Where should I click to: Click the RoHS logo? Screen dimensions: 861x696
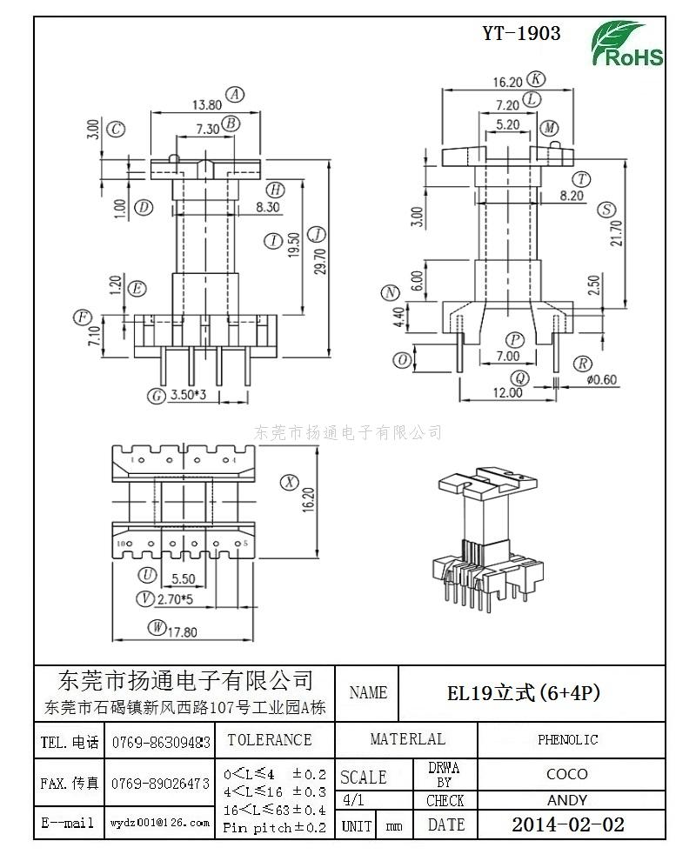[x=628, y=44]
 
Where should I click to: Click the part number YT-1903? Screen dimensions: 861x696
[x=521, y=34]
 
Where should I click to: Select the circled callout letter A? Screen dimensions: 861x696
[x=234, y=95]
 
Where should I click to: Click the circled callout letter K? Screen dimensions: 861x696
[x=537, y=79]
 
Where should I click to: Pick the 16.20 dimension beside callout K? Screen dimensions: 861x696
[x=506, y=82]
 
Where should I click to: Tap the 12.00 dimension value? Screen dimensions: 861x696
[x=507, y=392]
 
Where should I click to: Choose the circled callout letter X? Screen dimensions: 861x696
[x=288, y=482]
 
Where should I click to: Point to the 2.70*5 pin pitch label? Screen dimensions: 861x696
[x=175, y=598]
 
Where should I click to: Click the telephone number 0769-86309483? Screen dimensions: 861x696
[x=161, y=743]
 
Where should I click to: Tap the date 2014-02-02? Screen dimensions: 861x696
[x=567, y=824]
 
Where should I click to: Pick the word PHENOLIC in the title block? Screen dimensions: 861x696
[x=567, y=739]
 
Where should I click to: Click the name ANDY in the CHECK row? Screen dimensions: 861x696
[x=567, y=800]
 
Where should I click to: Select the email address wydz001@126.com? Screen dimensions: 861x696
[x=160, y=822]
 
